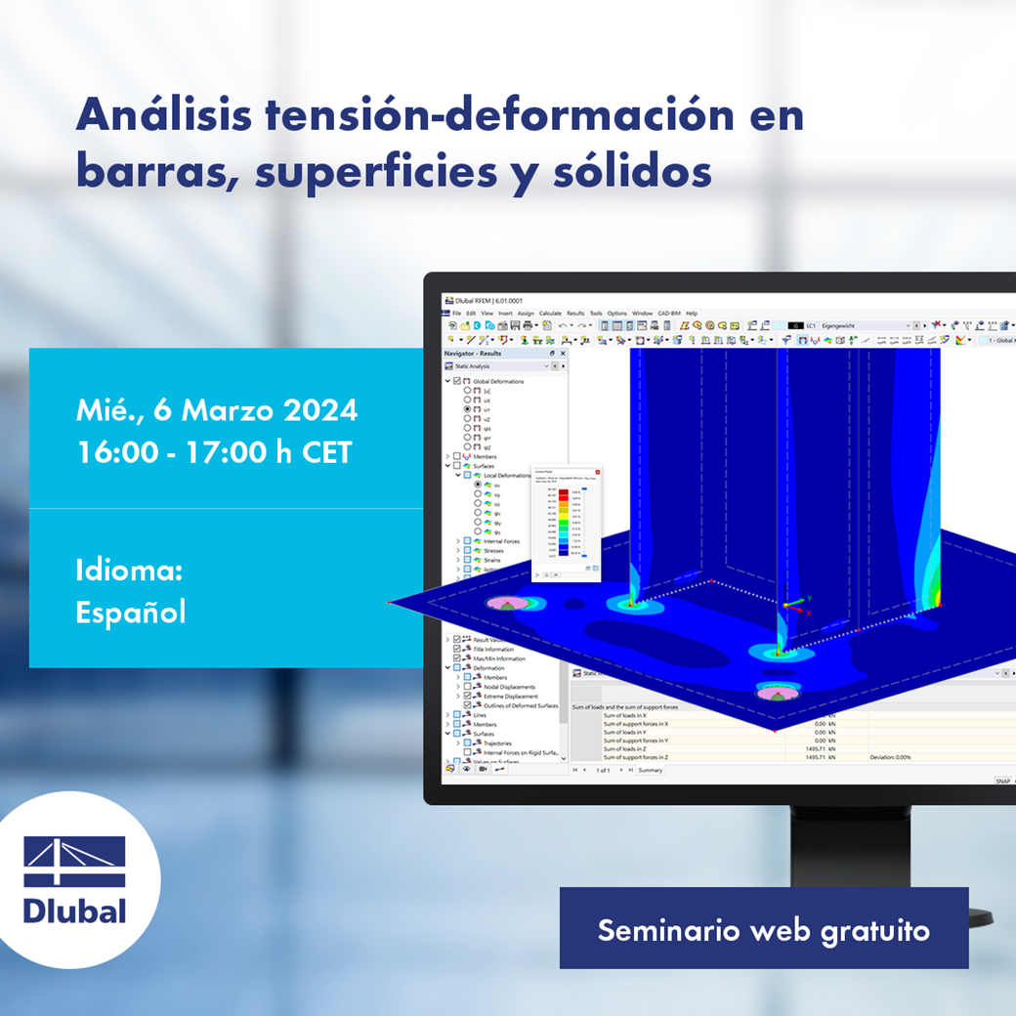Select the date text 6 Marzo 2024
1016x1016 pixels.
[x=255, y=410]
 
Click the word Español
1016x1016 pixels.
[x=130, y=612]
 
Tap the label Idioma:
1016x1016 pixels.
[x=129, y=571]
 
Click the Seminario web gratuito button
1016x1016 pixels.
[x=763, y=929]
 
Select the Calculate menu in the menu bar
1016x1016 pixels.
[x=550, y=314]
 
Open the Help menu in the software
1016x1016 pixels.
[x=691, y=314]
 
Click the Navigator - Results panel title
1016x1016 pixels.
[x=473, y=353]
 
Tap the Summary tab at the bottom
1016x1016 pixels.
[x=650, y=770]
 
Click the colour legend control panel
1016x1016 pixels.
[x=566, y=524]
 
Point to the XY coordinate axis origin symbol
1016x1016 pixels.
[x=798, y=605]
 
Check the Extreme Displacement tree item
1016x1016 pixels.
[x=510, y=696]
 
